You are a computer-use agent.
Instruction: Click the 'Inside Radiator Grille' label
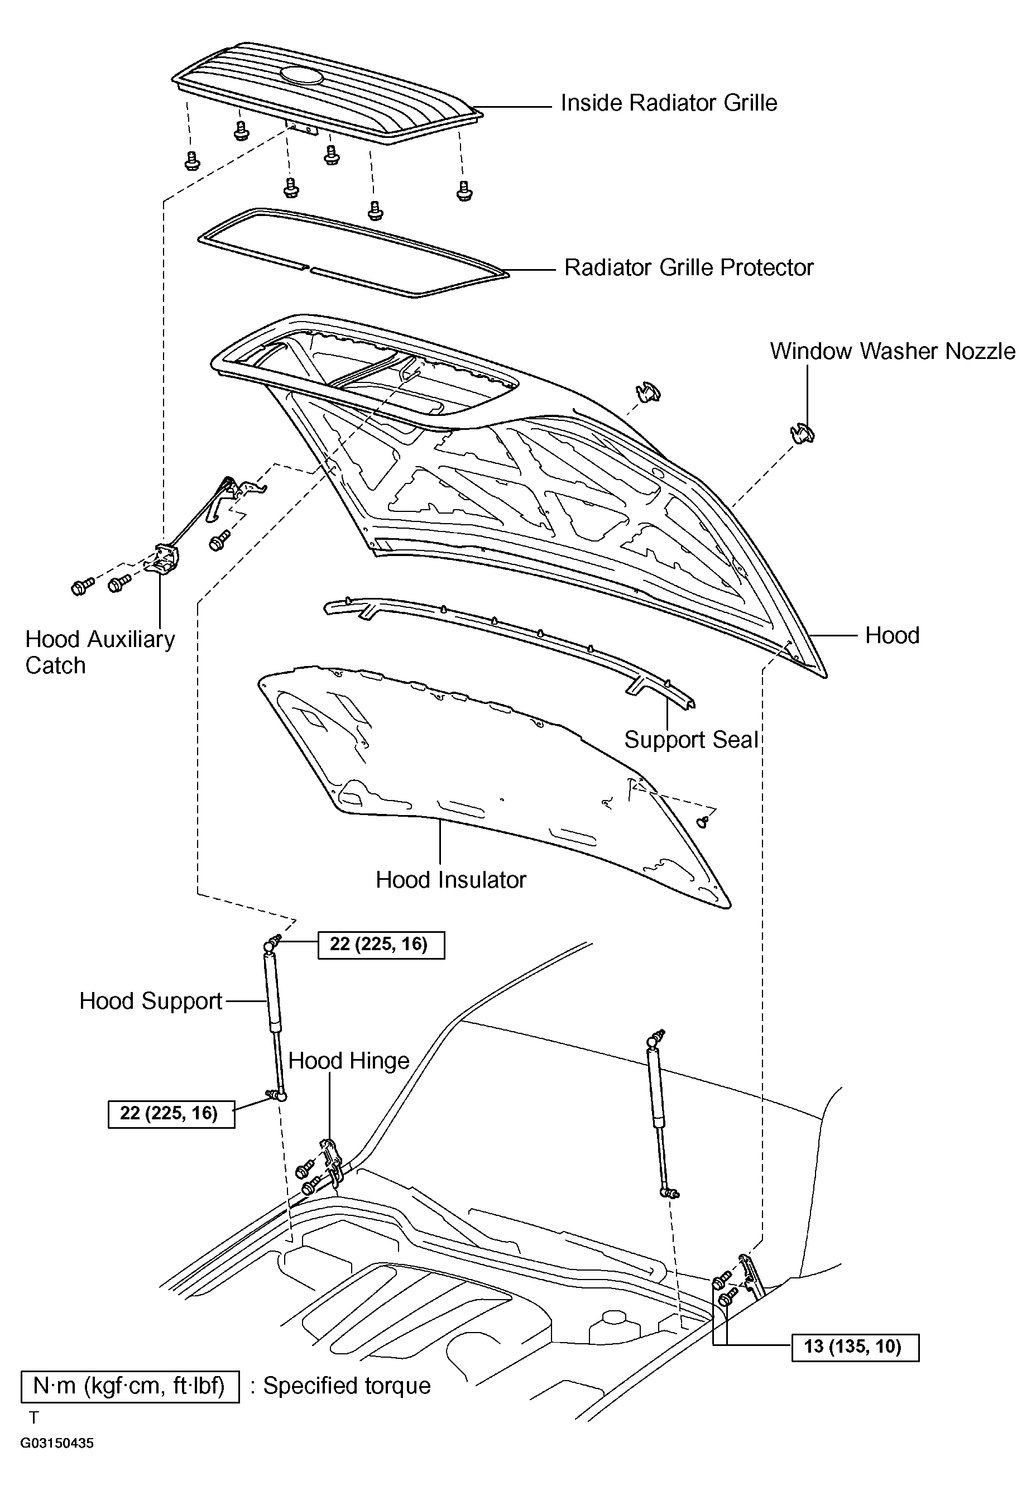[x=668, y=103]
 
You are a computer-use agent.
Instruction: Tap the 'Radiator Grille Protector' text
[x=688, y=267]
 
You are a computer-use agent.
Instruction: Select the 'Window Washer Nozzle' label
[x=892, y=351]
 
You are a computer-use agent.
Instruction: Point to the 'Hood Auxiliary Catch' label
[x=99, y=651]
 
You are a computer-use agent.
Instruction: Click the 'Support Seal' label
[x=691, y=739]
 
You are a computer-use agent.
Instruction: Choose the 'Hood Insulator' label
[x=451, y=879]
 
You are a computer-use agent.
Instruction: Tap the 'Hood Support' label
[x=151, y=1001]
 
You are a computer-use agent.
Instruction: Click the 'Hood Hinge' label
[x=348, y=1060]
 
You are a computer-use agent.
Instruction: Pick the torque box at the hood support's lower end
[x=171, y=1114]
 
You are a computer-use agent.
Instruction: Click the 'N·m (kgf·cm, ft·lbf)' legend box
[x=129, y=1387]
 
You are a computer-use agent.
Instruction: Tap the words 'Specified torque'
[x=347, y=1386]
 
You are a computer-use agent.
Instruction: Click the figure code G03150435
[x=57, y=1444]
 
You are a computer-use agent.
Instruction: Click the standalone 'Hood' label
[x=892, y=635]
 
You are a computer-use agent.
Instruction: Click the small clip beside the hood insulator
[x=703, y=822]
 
